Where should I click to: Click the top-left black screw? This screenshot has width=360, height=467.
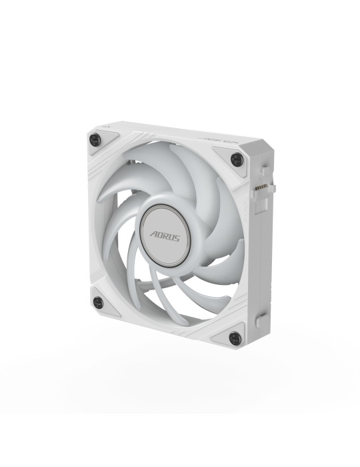95,139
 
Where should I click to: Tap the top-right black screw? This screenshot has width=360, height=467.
237,159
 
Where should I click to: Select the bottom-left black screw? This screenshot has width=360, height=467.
98,303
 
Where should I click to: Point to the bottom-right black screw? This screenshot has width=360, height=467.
235,338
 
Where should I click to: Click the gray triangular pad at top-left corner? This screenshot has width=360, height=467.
101,141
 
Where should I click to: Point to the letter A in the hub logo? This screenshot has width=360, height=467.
153,234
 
